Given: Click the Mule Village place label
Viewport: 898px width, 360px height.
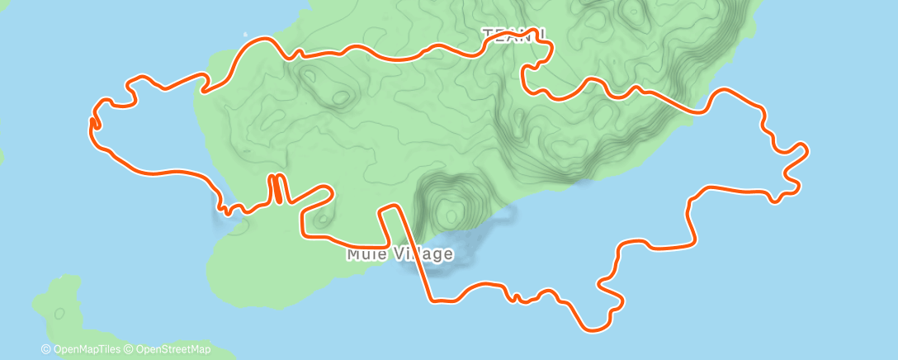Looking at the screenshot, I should pyautogui.click(x=399, y=253).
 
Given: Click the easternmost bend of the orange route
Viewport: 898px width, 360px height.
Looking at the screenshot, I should pyautogui.click(x=805, y=150).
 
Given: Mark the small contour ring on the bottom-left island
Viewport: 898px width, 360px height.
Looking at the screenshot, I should pyautogui.click(x=59, y=314).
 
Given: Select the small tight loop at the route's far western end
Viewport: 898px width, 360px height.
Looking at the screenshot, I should pyautogui.click(x=95, y=123).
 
